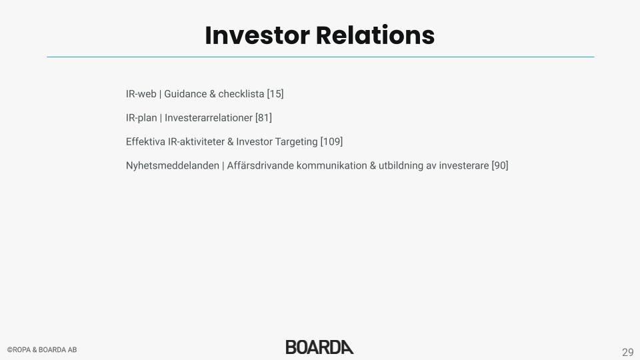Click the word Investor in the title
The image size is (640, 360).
coord(257,35)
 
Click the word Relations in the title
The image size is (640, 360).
coord(375,35)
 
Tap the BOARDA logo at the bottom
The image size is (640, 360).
coord(319,347)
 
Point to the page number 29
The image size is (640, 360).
coord(628,352)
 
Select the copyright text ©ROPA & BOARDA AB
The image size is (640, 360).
coord(42,350)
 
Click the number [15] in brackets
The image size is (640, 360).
coord(275,94)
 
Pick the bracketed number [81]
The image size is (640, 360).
coord(263,118)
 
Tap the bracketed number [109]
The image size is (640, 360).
coord(331,141)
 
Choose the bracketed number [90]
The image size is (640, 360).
coord(500,166)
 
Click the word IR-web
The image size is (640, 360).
coord(141,94)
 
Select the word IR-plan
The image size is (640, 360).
coord(141,118)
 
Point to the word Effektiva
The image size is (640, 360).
coord(146,141)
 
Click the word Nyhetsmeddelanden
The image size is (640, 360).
coord(173,166)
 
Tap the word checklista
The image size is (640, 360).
coord(241,94)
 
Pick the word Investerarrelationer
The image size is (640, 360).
coord(209,118)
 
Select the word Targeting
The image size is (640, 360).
coord(296,142)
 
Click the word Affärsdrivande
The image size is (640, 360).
coord(261,166)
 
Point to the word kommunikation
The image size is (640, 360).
coord(332,166)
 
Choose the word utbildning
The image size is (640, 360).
coord(401,166)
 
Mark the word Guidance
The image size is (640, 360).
coord(185,94)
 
